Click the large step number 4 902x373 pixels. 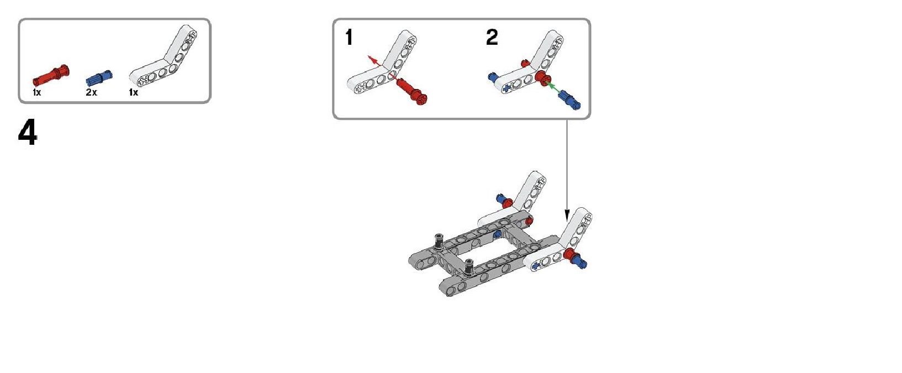[28, 133]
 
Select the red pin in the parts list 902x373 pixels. [51, 76]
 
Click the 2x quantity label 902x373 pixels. [92, 93]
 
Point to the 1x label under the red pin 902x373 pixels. [37, 93]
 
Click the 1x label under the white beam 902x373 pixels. [134, 93]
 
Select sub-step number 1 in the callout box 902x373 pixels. [349, 38]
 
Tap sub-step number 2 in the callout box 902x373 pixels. [492, 38]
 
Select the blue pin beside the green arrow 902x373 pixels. [569, 100]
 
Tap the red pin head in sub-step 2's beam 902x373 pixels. [541, 78]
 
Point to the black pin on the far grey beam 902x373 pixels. [439, 241]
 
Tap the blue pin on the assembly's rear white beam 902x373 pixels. [500, 199]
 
